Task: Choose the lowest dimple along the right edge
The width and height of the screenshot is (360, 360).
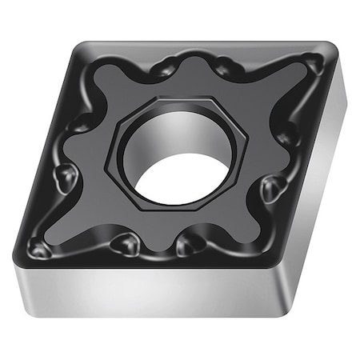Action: [273, 189]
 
